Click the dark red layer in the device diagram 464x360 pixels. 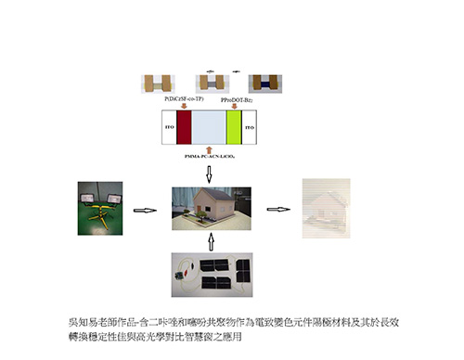pos(183,127)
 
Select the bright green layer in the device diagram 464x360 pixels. pos(233,127)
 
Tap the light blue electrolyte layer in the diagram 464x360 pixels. pos(208,127)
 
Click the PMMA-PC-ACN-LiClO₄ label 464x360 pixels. pos(208,158)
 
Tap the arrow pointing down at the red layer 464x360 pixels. pos(183,105)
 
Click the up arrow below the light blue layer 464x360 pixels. pos(208,149)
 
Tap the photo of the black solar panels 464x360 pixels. pos(212,272)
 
